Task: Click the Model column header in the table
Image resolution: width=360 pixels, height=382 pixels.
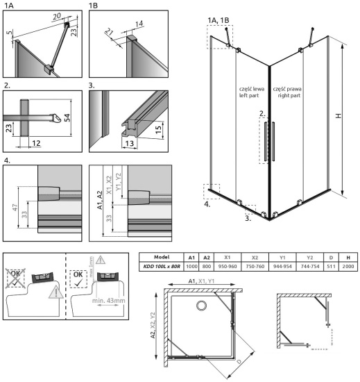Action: [162, 257]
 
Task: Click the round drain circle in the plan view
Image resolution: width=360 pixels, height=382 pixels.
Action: [202, 307]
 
